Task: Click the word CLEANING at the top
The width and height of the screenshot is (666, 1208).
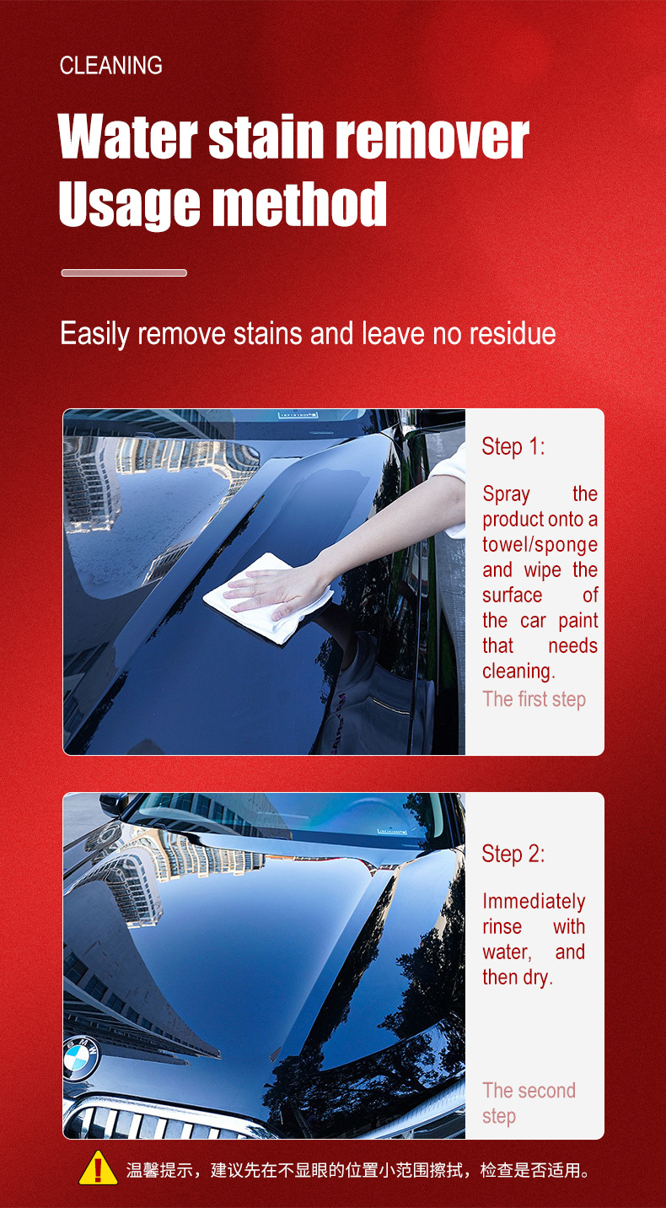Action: pyautogui.click(x=111, y=66)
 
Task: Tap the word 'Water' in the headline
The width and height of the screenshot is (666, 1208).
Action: pyautogui.click(x=127, y=137)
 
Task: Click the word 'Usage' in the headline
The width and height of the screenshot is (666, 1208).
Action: pyautogui.click(x=129, y=204)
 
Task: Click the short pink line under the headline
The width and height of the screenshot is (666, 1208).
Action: pyautogui.click(x=124, y=272)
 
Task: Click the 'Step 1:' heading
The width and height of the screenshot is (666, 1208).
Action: pyautogui.click(x=513, y=446)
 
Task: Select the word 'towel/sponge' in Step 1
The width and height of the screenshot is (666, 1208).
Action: pyautogui.click(x=540, y=545)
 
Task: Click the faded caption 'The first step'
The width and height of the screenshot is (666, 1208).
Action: pyautogui.click(x=534, y=699)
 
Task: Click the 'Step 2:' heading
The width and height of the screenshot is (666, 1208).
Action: pyautogui.click(x=513, y=855)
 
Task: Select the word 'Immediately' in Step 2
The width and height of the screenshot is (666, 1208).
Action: pyautogui.click(x=534, y=901)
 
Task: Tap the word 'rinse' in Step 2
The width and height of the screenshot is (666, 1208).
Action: pyautogui.click(x=502, y=926)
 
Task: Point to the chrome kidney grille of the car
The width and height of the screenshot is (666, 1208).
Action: pyautogui.click(x=162, y=1121)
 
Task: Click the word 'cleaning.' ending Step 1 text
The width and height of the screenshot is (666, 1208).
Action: pyautogui.click(x=518, y=671)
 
